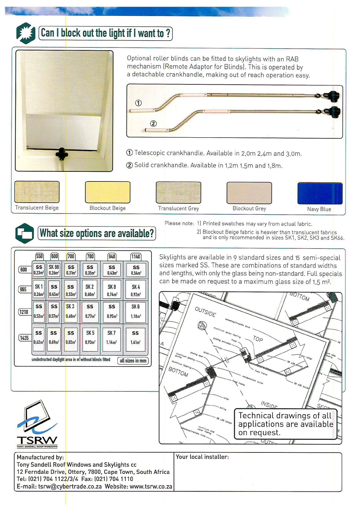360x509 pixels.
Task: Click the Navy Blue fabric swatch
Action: click(x=320, y=194)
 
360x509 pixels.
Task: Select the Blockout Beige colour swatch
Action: click(x=107, y=192)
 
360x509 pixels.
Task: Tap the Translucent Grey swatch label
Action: click(x=178, y=208)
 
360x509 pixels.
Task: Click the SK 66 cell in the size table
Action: click(x=54, y=270)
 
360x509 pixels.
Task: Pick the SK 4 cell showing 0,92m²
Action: click(x=136, y=290)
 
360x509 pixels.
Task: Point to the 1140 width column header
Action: click(x=136, y=256)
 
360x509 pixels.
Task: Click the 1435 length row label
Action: click(x=24, y=338)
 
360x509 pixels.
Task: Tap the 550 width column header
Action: click(x=39, y=256)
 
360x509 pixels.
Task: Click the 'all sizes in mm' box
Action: click(x=133, y=361)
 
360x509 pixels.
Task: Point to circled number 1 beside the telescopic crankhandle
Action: click(x=138, y=103)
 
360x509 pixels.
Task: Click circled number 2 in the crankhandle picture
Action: click(x=153, y=123)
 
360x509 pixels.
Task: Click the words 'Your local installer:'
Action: click(x=202, y=457)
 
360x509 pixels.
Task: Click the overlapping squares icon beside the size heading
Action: click(x=25, y=233)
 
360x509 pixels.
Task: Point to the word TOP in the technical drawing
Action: click(x=258, y=339)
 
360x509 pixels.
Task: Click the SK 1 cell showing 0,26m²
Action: click(x=39, y=290)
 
